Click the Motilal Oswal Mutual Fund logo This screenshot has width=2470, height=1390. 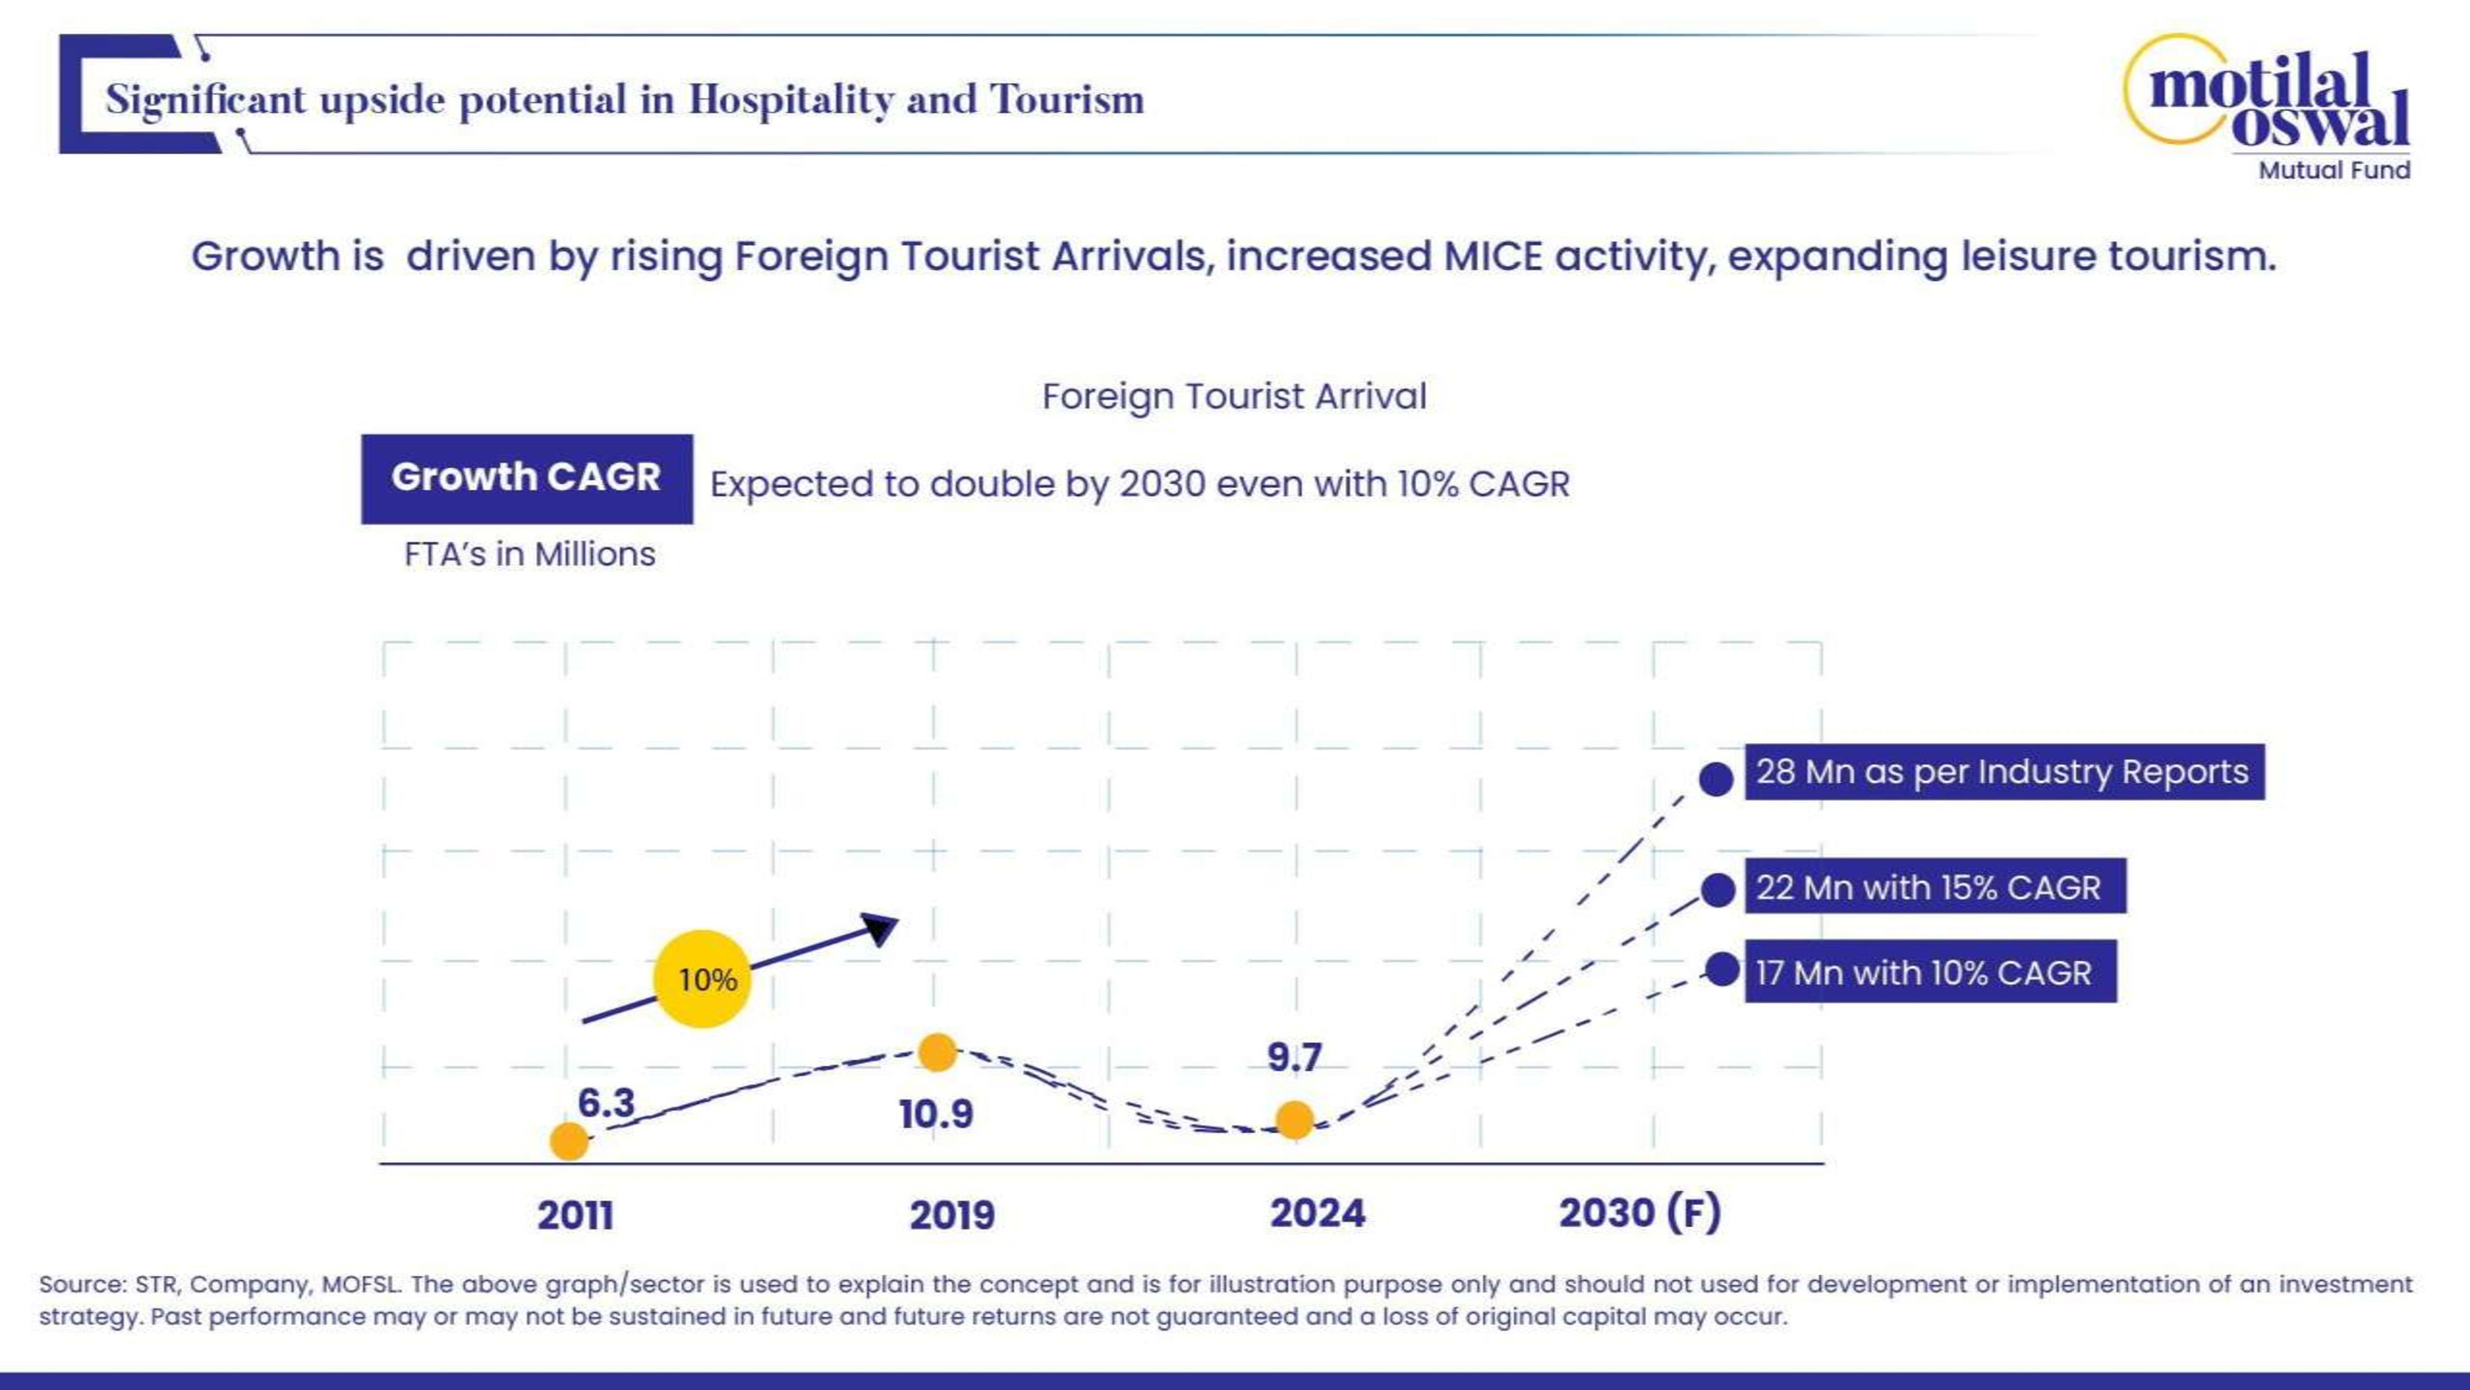click(2267, 106)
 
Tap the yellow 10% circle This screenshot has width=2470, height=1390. click(702, 979)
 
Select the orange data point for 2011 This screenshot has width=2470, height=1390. click(569, 1140)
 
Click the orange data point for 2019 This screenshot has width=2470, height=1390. click(937, 1052)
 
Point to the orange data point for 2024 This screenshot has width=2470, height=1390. click(1294, 1119)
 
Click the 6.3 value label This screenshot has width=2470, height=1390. click(606, 1102)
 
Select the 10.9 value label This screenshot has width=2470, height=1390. click(936, 1114)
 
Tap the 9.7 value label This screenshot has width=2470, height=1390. click(1294, 1057)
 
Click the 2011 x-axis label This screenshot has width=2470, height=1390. click(576, 1215)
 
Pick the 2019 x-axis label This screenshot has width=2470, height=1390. click(952, 1215)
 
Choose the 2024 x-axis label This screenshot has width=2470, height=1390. click(1318, 1213)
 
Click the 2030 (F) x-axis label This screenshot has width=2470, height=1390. click(1639, 1213)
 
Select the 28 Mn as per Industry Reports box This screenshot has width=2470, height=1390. click(2004, 772)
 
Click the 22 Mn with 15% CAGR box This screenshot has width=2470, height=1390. click(1934, 887)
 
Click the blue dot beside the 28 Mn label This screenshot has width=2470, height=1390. click(1715, 779)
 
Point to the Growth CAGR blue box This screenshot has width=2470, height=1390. click(526, 478)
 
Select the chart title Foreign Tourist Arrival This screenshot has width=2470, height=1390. click(1234, 396)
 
